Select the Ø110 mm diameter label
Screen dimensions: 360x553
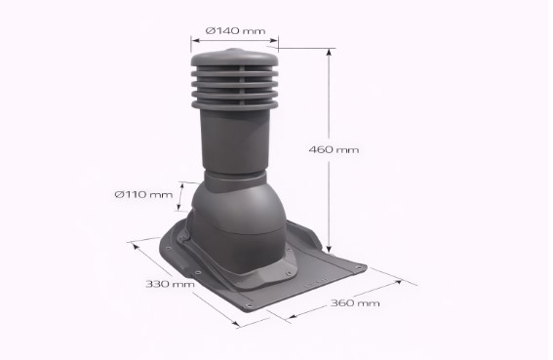click(143, 194)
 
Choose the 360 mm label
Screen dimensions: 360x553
click(353, 303)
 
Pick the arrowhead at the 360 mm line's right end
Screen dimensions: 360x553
click(400, 283)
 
